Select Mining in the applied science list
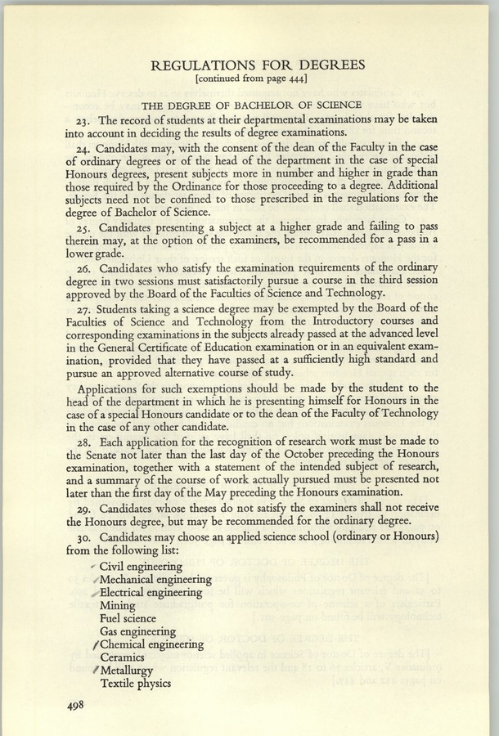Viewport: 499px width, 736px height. point(118,606)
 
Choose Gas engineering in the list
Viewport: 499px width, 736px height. point(137,632)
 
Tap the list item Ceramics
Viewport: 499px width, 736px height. point(123,657)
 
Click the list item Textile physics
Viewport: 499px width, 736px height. point(135,683)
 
